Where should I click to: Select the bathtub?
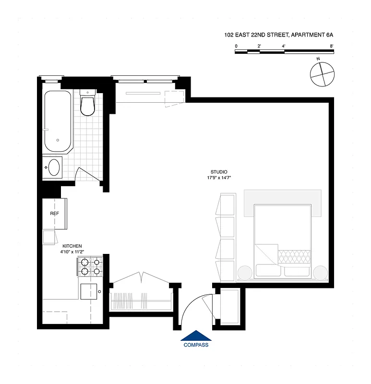[58, 121]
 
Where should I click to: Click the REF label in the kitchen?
[54, 213]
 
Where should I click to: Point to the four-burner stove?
[91, 266]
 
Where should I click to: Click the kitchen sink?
[89, 291]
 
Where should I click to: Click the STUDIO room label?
[219, 172]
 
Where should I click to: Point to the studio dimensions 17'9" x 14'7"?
[219, 178]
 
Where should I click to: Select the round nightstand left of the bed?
[244, 272]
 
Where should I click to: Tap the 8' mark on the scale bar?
[332, 46]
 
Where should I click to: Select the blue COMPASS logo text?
[196, 345]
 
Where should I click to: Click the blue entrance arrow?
[196, 335]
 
